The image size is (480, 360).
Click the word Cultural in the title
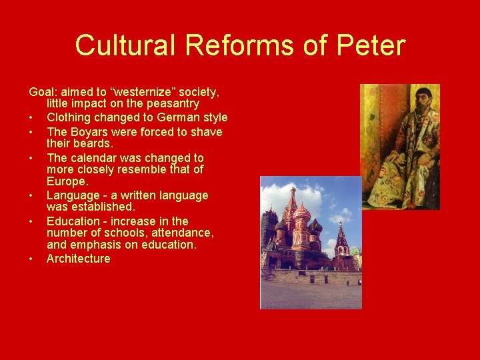tap(125, 45)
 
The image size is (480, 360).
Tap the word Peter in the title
tap(371, 45)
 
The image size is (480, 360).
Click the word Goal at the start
tap(41, 91)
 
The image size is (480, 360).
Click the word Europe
tap(67, 182)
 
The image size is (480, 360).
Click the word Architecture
tap(79, 259)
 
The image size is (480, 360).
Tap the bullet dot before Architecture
tap(31, 259)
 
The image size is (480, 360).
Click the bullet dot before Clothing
tap(31, 118)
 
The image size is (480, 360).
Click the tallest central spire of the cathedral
tap(292, 200)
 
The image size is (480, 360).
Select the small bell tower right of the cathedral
tap(341, 240)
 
